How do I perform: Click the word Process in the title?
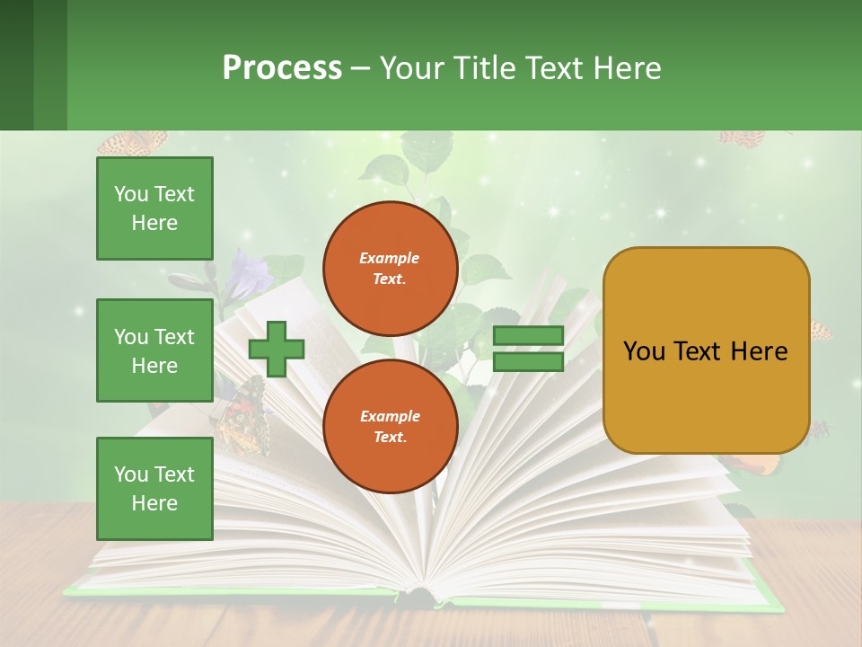click(282, 68)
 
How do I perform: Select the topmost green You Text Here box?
click(154, 208)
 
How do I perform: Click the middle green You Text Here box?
click(154, 350)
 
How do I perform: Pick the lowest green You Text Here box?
click(154, 488)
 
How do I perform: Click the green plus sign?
click(277, 350)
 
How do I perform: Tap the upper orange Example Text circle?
click(390, 269)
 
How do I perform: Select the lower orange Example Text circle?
click(390, 427)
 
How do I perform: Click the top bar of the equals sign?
click(528, 336)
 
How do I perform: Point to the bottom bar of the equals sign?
click(528, 362)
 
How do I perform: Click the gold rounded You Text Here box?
click(706, 350)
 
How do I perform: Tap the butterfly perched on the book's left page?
click(241, 415)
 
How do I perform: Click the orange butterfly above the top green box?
click(133, 143)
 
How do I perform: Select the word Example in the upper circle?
click(390, 258)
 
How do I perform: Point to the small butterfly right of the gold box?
click(821, 331)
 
